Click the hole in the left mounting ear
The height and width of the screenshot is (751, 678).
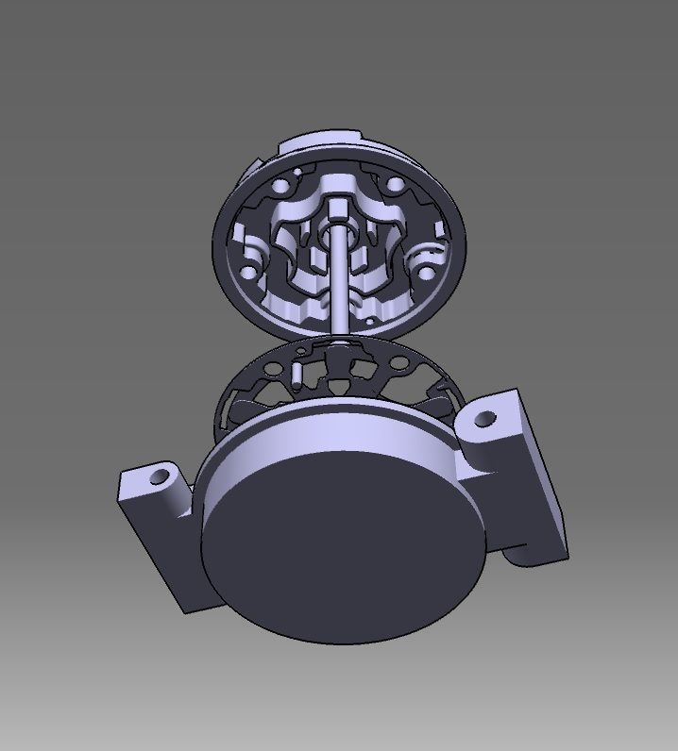[159, 474]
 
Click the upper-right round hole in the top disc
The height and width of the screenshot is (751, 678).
[389, 179]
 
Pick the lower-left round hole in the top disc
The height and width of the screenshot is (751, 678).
[247, 271]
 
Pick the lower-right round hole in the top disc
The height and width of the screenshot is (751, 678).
[426, 274]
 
